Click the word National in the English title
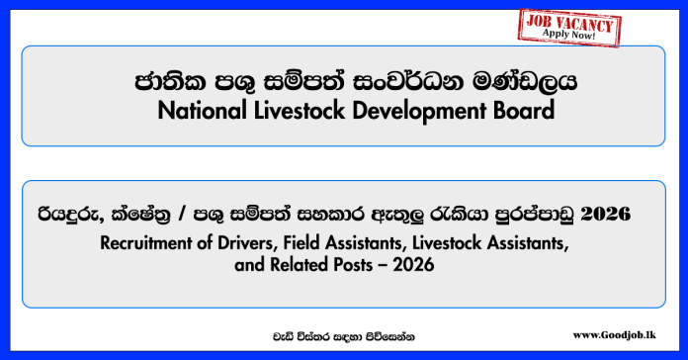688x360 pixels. (201, 111)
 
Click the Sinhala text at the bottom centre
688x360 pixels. (344, 336)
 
